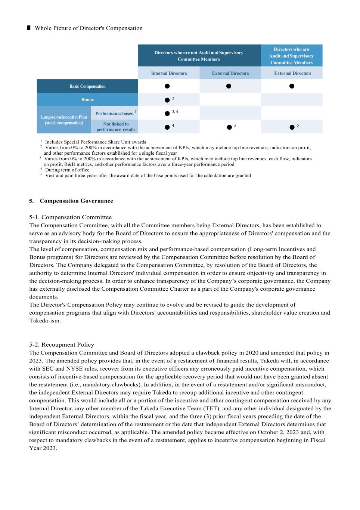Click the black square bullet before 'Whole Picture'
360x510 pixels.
point(29,28)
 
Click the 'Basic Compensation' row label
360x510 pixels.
point(87,86)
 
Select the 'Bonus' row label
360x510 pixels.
point(87,100)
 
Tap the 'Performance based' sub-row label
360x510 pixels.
point(114,113)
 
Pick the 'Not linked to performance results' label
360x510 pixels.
point(116,127)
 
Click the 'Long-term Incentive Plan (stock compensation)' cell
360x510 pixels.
point(64,120)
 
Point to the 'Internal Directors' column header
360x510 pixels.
point(169,73)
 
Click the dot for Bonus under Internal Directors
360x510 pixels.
point(167,100)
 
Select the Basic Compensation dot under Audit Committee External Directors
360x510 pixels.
point(292,86)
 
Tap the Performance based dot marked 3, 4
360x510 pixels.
point(167,114)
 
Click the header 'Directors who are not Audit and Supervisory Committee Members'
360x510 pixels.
point(199,56)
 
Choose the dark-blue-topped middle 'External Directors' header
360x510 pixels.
point(230,73)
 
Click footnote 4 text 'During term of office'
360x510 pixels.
point(67,170)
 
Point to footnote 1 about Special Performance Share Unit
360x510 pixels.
point(95,142)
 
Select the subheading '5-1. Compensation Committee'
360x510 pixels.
point(71,217)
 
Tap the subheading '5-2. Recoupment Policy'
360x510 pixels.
point(62,344)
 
